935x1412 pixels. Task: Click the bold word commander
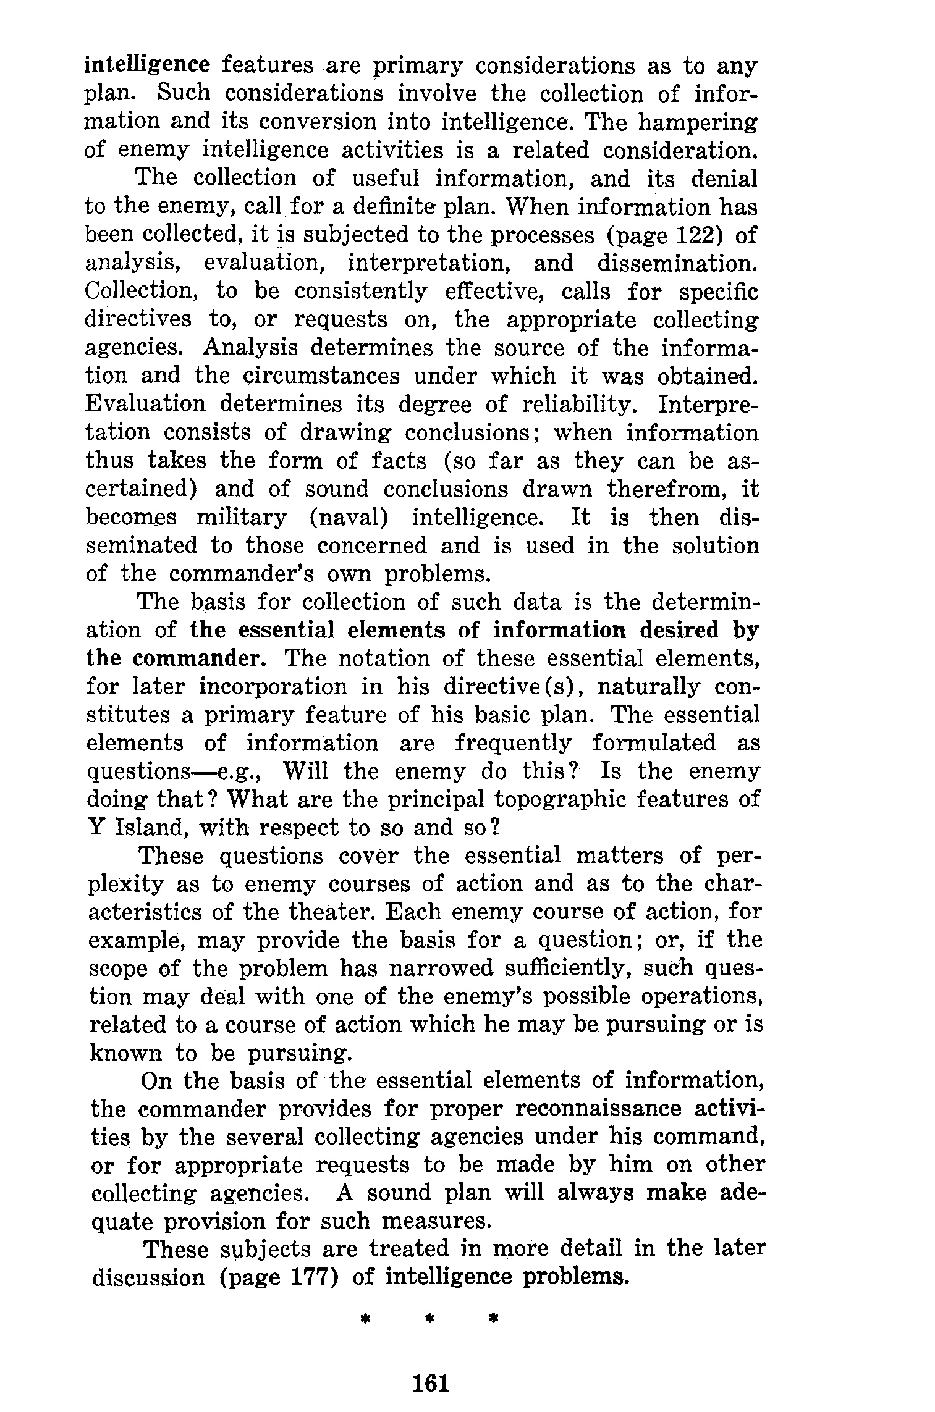coord(199,658)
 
